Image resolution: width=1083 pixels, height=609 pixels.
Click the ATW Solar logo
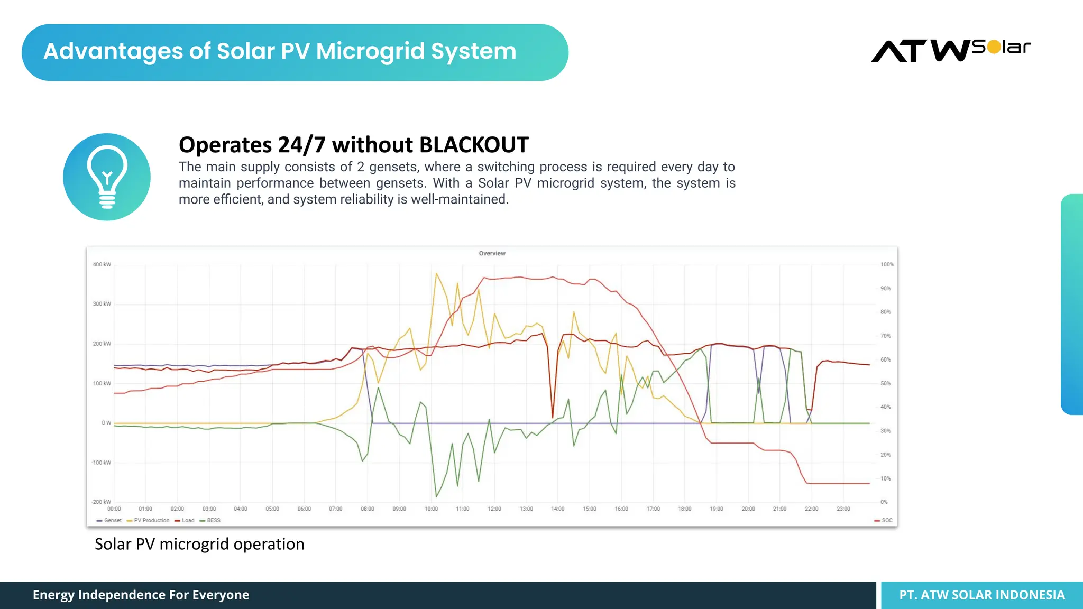[950, 51]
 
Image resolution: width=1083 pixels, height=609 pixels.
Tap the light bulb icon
[107, 177]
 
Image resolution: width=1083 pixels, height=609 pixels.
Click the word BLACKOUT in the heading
[474, 145]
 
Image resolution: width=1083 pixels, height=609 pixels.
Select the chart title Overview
[492, 253]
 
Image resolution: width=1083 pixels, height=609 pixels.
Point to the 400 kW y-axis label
[102, 264]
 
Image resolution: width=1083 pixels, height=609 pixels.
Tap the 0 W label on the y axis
[106, 422]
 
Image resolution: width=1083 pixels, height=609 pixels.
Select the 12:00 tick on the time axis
[494, 509]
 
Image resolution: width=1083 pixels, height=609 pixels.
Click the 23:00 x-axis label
[843, 509]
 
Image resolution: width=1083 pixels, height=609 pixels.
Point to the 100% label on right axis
[886, 264]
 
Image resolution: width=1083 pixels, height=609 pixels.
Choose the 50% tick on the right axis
[885, 383]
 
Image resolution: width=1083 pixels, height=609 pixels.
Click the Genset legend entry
[109, 520]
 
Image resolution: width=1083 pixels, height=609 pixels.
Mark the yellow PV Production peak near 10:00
[436, 274]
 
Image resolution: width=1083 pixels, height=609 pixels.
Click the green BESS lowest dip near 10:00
[436, 496]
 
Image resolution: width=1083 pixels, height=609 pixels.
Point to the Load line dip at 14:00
[553, 417]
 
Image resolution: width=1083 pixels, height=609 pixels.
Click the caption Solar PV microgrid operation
[199, 544]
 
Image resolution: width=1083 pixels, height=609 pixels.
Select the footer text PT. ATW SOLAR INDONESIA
[981, 595]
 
